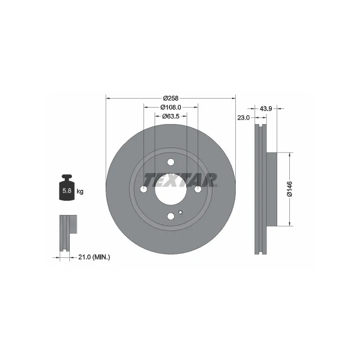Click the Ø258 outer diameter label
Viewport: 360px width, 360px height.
pos(171,98)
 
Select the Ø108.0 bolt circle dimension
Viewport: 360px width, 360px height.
pos(171,107)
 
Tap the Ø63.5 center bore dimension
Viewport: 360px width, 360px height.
pos(171,117)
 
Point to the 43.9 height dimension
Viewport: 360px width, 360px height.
pos(265,108)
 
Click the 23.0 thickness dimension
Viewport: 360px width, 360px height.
pos(243,118)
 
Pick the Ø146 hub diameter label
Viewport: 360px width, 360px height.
pos(289,189)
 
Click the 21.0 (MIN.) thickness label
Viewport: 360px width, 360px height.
pos(94,257)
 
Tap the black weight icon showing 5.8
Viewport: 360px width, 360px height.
pos(67,187)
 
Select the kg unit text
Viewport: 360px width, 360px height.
pos(80,191)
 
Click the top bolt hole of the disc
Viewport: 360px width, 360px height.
pos(171,162)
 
